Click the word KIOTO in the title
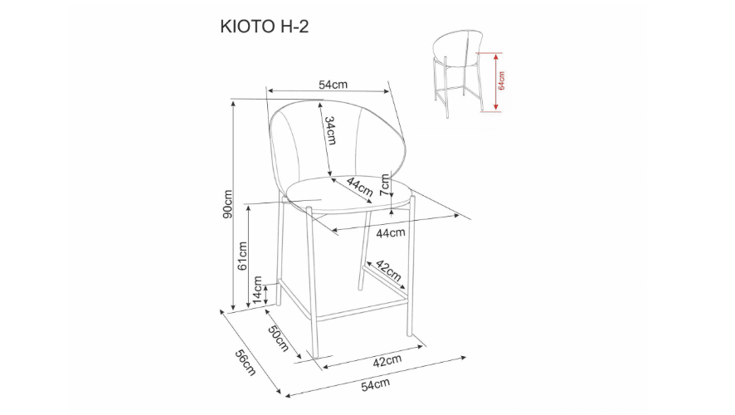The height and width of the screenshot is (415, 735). click(x=240, y=27)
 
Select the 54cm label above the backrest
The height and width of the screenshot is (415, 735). click(x=332, y=85)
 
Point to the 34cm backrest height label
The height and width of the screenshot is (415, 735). click(x=329, y=130)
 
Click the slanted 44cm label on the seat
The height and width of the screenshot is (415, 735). click(x=359, y=187)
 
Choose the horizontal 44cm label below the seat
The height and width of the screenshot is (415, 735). click(x=390, y=233)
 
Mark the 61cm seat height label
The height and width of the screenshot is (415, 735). click(x=243, y=256)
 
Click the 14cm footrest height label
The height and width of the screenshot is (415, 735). click(x=258, y=290)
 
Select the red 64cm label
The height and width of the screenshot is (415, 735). click(x=502, y=81)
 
